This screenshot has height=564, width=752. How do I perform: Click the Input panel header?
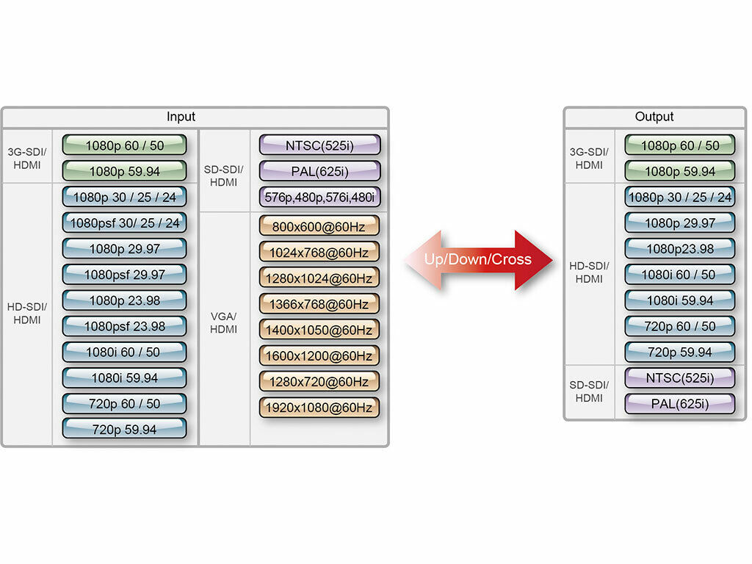click(181, 117)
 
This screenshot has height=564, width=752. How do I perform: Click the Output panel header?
click(654, 117)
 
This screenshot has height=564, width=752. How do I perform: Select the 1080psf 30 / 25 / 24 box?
click(125, 223)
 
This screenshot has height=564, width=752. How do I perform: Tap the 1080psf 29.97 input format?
click(125, 275)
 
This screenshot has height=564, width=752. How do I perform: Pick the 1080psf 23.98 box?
click(125, 326)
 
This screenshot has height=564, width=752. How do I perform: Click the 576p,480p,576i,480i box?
click(319, 197)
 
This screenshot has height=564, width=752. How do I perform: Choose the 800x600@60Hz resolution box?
click(319, 226)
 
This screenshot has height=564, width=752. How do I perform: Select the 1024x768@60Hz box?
click(319, 252)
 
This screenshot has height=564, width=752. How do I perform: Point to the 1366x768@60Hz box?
click(319, 304)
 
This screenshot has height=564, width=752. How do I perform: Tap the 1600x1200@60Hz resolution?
click(319, 355)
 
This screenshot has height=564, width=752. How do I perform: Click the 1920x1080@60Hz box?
click(319, 408)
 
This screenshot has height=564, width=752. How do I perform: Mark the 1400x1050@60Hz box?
click(319, 330)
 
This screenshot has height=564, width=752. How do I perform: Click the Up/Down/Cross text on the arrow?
click(477, 259)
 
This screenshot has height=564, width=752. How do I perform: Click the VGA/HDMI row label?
click(224, 323)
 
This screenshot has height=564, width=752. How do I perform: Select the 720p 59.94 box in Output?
click(679, 352)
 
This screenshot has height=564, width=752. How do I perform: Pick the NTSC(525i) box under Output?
click(679, 378)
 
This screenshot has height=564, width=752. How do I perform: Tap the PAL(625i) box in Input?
click(319, 171)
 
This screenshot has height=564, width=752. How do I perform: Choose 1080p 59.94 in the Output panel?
click(679, 171)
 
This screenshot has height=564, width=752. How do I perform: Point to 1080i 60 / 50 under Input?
click(123, 352)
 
